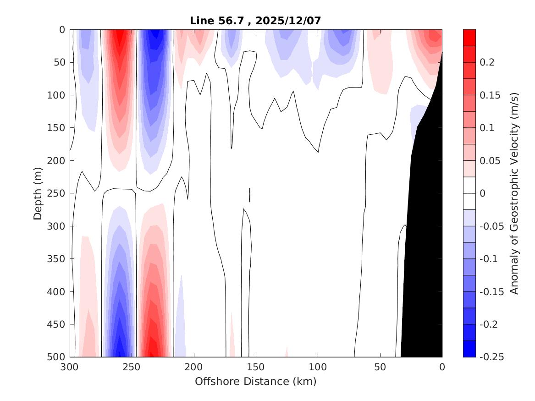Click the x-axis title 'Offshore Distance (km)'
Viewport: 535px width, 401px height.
255,381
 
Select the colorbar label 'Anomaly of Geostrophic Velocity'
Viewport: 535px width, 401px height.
514,193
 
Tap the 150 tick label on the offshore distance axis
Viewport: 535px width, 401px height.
256,367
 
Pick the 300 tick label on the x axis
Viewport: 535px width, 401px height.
70,367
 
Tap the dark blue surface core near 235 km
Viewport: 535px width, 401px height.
156,37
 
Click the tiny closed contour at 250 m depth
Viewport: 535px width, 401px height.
250,195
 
